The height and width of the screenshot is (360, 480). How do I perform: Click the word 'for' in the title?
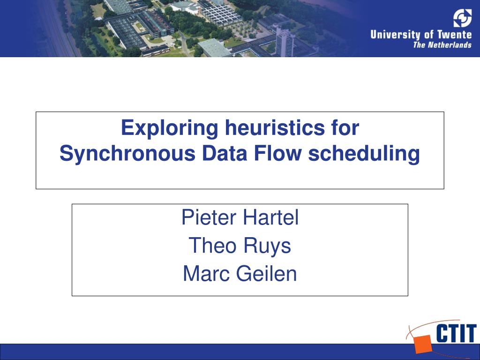pos(342,128)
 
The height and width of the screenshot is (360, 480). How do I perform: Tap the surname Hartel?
pos(270,218)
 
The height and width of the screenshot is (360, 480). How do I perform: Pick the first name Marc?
pos(206,274)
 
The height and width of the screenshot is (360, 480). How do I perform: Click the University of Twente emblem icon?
pos(462,18)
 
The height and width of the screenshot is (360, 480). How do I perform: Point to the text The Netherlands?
pos(442,45)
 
